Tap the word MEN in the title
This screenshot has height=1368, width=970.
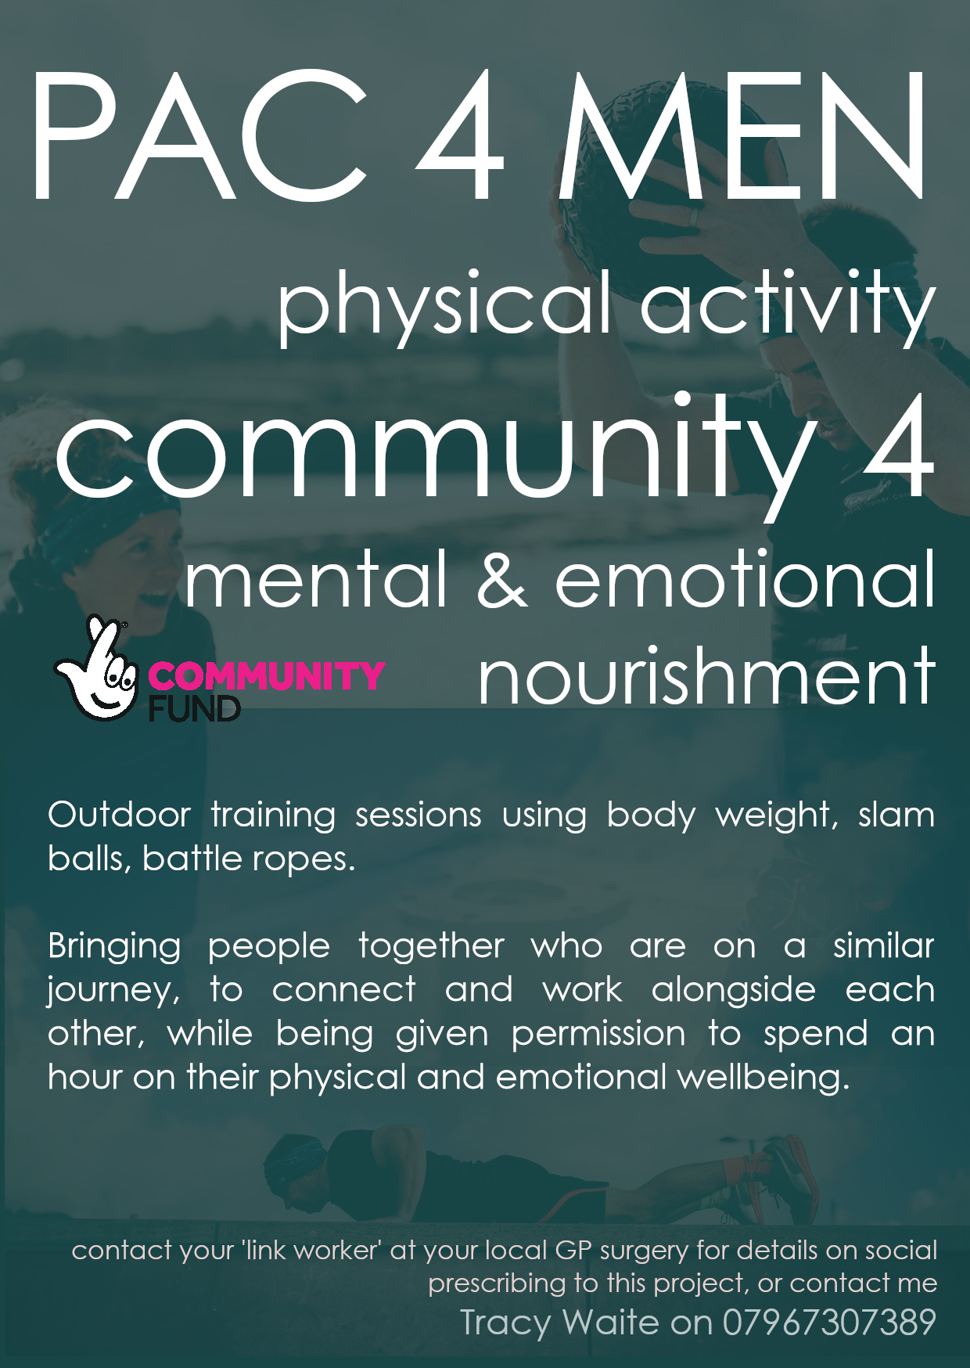click(x=742, y=135)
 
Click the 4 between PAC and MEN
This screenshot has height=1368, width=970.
click(x=461, y=135)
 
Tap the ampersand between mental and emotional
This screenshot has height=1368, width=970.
click(x=501, y=578)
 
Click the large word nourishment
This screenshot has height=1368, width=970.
click(x=706, y=675)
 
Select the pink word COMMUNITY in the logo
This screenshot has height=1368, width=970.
click(x=267, y=675)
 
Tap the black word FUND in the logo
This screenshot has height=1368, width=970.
click(x=195, y=708)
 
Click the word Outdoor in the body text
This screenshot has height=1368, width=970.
click(x=119, y=815)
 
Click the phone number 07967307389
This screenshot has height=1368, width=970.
click(x=829, y=1323)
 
